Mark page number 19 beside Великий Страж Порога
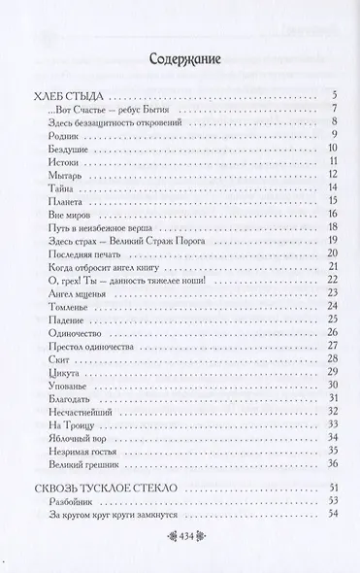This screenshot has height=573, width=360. [331, 239]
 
